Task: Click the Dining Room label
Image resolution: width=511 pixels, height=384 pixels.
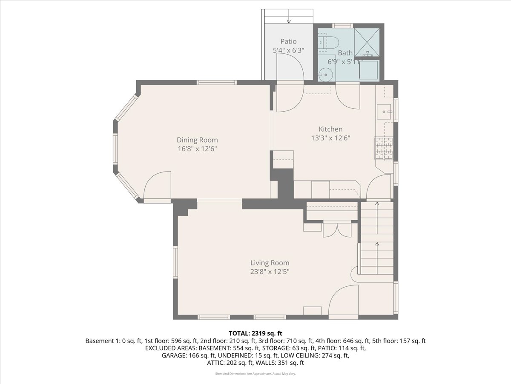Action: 197,140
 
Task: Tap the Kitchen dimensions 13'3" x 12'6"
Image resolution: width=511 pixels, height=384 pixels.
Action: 330,138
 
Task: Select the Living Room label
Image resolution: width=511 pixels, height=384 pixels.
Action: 270,263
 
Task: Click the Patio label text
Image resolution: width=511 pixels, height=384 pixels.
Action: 288,41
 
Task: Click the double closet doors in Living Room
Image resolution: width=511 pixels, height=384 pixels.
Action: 337,230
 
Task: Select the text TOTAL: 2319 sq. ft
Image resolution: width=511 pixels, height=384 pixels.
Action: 255,333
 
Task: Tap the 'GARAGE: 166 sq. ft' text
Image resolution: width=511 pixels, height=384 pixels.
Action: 189,355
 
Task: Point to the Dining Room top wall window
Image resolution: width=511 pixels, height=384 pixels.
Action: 216,82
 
